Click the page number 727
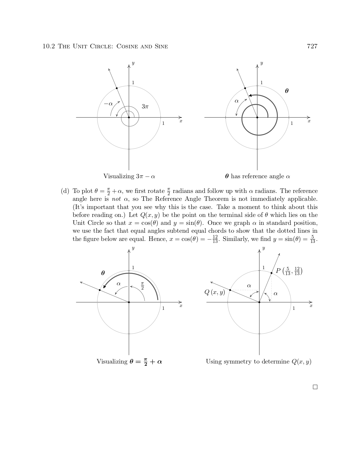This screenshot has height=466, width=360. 312,46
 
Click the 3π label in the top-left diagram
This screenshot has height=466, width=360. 145,106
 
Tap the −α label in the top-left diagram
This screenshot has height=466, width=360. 108,104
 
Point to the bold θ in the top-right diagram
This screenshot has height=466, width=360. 287,91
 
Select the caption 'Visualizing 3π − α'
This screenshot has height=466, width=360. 129,177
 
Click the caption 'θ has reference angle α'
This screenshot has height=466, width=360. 258,177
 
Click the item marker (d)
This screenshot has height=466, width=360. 65,191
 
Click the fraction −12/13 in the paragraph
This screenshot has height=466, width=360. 213,239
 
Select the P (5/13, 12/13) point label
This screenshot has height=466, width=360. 289,271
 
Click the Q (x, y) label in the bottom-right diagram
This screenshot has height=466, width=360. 215,292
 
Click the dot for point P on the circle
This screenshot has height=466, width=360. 271,273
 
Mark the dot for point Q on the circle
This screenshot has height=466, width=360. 230,290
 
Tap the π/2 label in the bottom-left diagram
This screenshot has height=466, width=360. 142,286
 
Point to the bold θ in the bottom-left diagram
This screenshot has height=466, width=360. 103,273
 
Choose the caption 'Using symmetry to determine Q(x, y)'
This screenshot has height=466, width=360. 258,362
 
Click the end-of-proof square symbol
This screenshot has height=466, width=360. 315,387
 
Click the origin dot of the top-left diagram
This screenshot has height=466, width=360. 129,117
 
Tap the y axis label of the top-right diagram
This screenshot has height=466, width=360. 261,63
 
